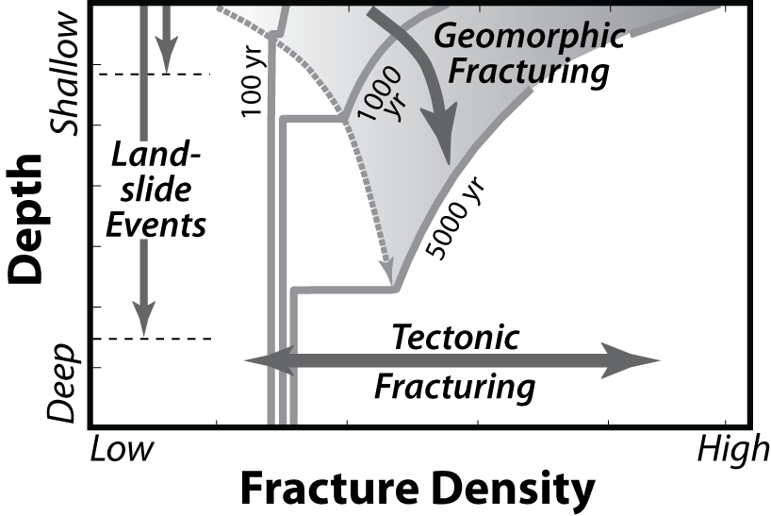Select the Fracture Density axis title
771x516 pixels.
(418, 491)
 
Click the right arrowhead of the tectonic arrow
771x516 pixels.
(644, 360)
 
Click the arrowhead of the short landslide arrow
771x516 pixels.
(166, 58)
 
